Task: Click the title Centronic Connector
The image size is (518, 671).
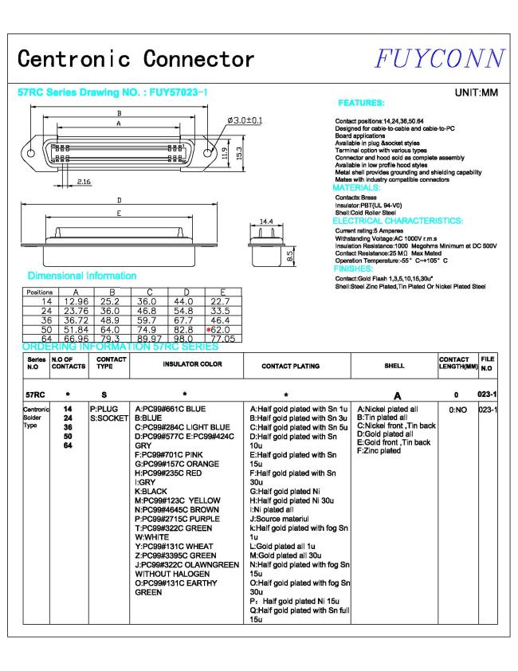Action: [x=136, y=59]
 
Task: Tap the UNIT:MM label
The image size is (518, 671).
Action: [x=476, y=93]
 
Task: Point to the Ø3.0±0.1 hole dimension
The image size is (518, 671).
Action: [x=245, y=120]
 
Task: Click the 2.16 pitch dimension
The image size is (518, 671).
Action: [x=86, y=182]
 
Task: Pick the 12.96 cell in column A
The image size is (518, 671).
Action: [x=76, y=302]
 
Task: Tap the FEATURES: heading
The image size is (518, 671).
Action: [x=362, y=104]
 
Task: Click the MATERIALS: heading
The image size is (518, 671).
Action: [x=357, y=187]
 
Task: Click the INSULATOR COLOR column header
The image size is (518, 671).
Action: [x=193, y=365]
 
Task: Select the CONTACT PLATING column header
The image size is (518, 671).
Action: [x=290, y=366]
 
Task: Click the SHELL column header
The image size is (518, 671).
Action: [x=394, y=365]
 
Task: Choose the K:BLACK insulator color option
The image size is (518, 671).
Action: [x=153, y=493]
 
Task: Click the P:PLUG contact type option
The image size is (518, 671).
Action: [x=104, y=408]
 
